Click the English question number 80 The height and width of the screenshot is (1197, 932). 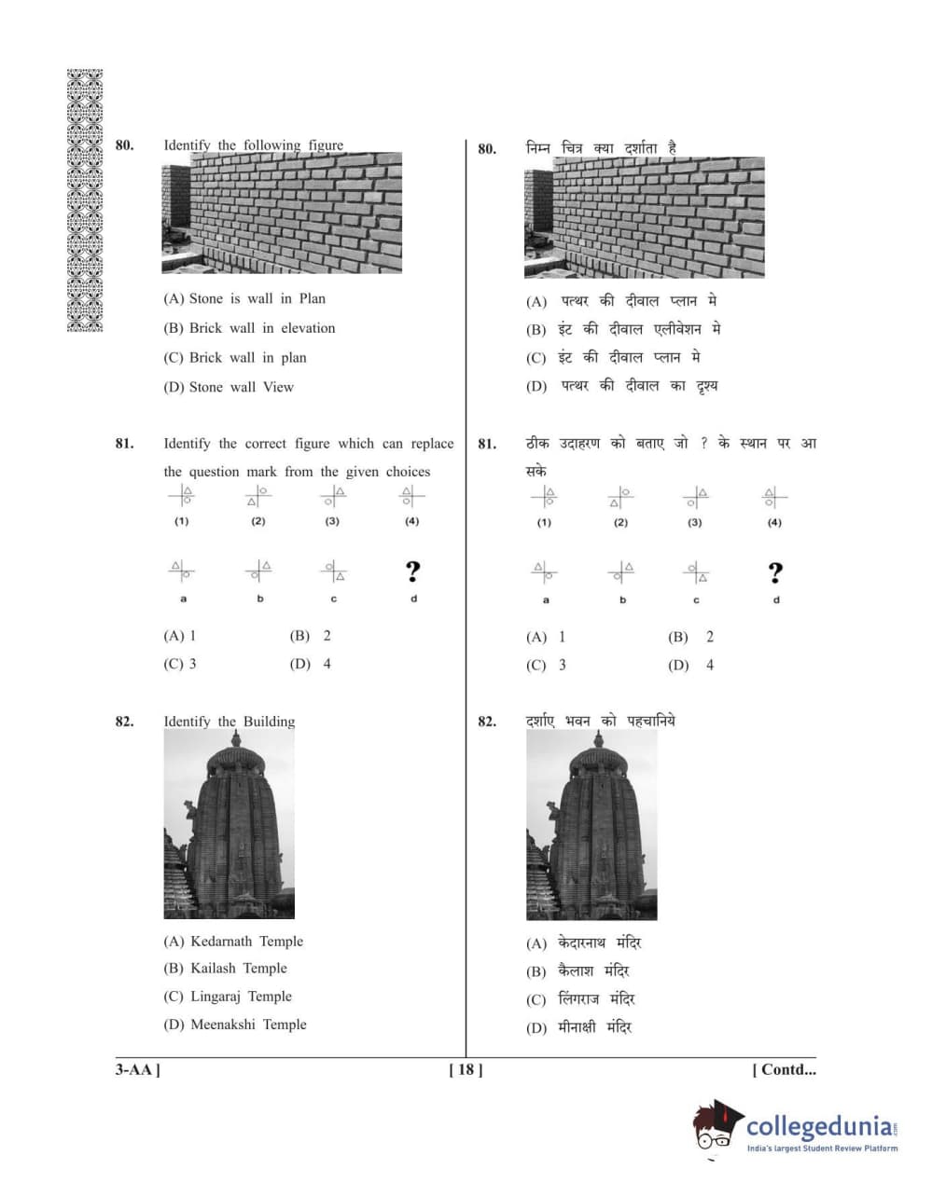[124, 145]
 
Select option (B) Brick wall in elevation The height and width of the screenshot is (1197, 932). [249, 328]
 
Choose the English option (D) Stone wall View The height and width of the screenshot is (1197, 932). [229, 387]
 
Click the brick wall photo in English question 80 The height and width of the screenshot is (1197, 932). [282, 213]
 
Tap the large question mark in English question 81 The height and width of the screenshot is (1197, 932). [412, 571]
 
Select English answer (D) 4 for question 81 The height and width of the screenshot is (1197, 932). [311, 664]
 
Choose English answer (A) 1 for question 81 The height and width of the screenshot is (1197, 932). [180, 636]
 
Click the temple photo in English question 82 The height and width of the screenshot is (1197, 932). [229, 824]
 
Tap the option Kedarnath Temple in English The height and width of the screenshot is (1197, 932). [233, 942]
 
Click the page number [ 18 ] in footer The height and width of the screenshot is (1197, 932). [466, 1070]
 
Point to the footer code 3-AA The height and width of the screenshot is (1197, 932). [137, 1070]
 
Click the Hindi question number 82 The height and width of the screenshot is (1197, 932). [487, 722]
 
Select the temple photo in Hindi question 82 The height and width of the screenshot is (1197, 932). [591, 824]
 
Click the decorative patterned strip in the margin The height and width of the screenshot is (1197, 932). [85, 200]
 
